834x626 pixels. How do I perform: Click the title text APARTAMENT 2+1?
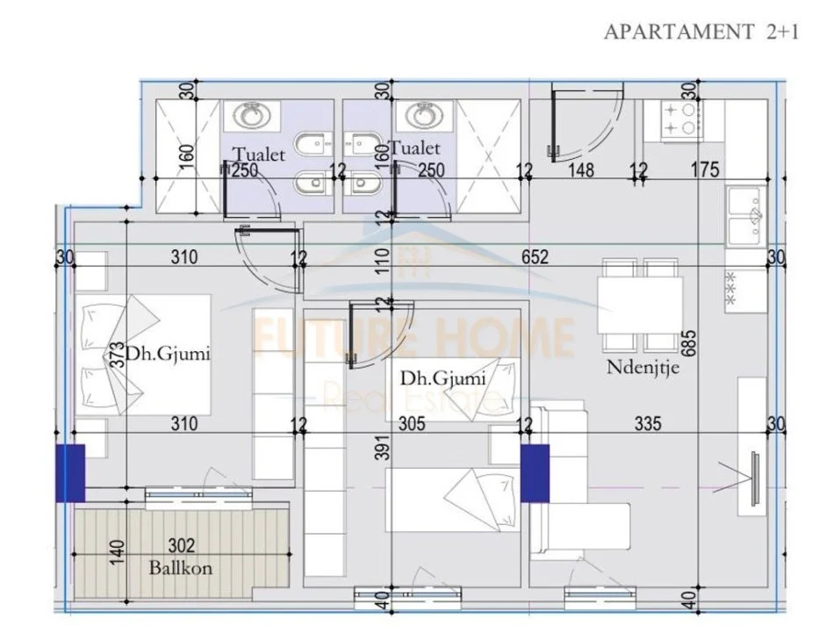[701, 32]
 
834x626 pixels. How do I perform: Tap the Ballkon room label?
[179, 567]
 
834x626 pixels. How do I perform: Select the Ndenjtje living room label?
[643, 367]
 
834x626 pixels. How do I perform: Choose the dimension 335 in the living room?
[648, 424]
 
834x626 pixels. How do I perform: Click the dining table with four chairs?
[641, 304]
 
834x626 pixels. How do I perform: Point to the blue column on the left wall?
[70, 473]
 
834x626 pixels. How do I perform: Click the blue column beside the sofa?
[535, 473]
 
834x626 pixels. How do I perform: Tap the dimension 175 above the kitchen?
[704, 169]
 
